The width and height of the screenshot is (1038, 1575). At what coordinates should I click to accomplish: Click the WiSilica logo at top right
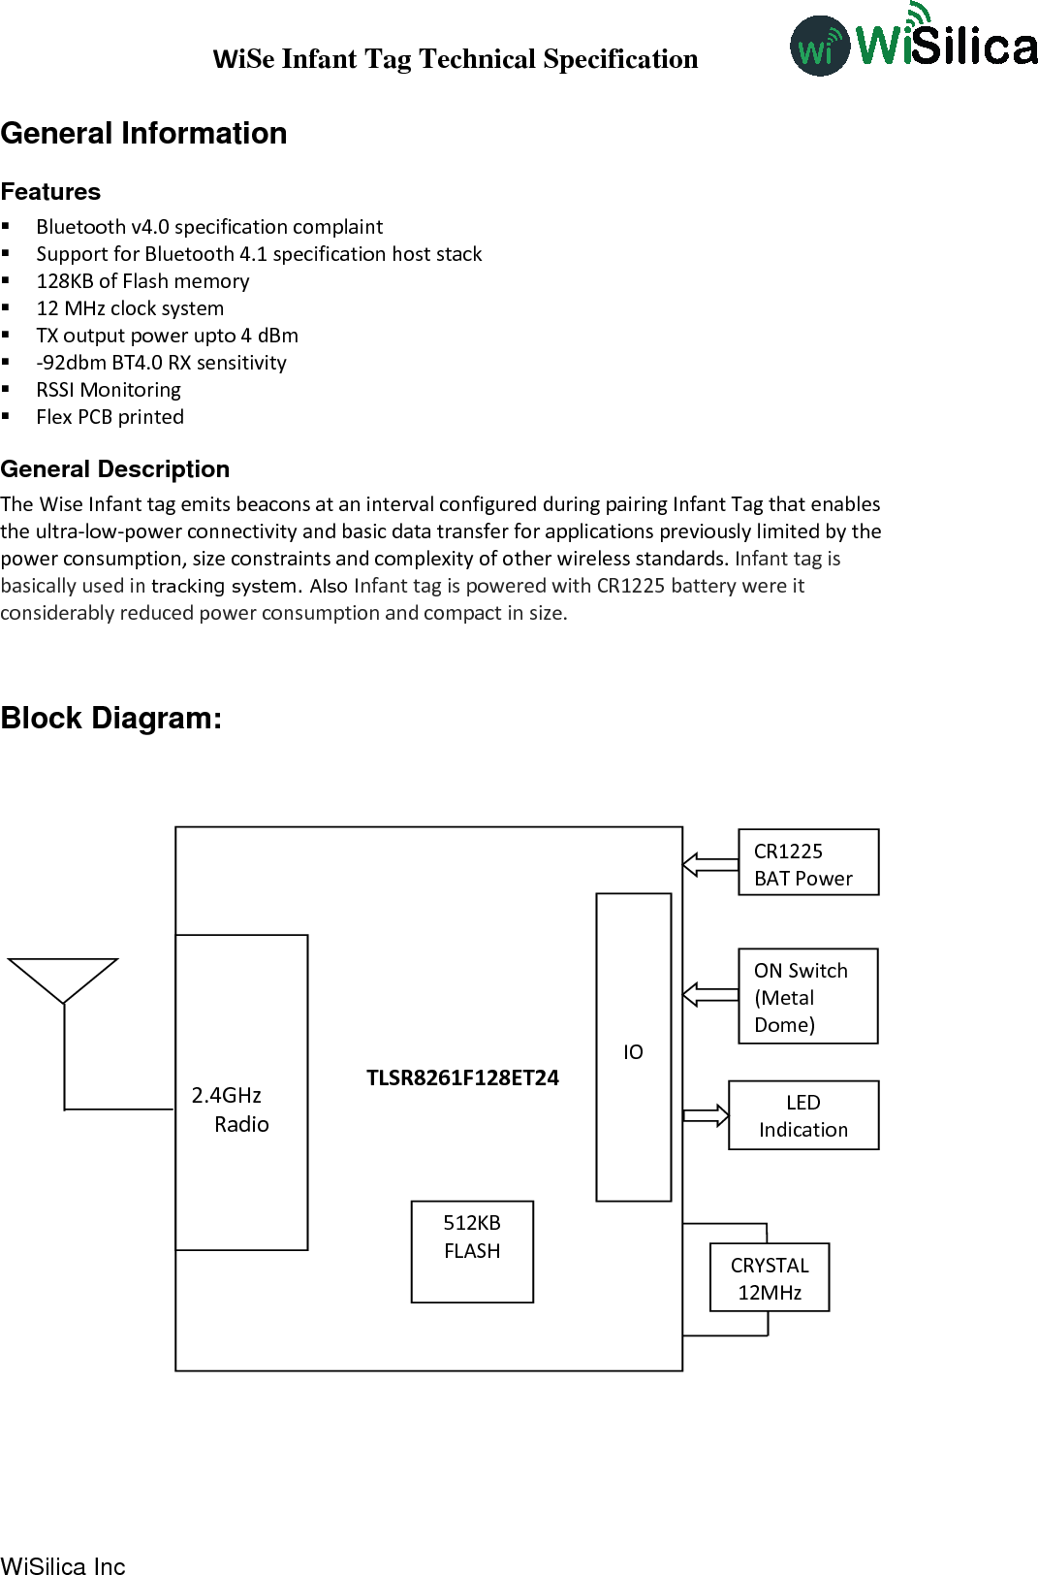pyautogui.click(x=913, y=42)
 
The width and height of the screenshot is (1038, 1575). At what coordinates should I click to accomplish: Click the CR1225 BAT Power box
pyautogui.click(x=807, y=862)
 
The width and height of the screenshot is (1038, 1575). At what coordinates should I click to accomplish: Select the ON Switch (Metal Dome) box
pyautogui.click(x=807, y=996)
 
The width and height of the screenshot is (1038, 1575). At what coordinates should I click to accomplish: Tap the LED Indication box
pyautogui.click(x=802, y=1115)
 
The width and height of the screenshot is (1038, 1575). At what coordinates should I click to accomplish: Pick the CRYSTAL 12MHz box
pyautogui.click(x=770, y=1277)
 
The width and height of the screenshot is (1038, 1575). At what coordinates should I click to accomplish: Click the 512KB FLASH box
pyautogui.click(x=472, y=1251)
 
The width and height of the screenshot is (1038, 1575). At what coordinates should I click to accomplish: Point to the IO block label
pyautogui.click(x=633, y=1052)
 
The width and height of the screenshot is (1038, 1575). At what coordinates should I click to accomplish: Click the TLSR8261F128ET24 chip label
pyautogui.click(x=462, y=1077)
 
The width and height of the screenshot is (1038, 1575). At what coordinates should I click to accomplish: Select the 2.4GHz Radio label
pyautogui.click(x=232, y=1109)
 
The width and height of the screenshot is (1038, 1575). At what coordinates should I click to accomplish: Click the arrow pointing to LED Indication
pyautogui.click(x=706, y=1115)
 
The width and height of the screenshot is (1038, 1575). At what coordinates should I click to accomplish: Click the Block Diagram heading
pyautogui.click(x=111, y=718)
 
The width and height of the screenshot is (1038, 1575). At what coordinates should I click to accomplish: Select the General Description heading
pyautogui.click(x=115, y=469)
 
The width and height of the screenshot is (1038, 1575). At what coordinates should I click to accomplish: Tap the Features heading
pyautogui.click(x=50, y=191)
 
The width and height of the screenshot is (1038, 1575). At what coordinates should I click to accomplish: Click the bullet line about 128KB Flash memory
pyautogui.click(x=142, y=281)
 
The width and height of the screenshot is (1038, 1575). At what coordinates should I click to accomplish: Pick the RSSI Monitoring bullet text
pyautogui.click(x=109, y=390)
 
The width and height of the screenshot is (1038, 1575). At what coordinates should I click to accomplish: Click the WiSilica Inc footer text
pyautogui.click(x=63, y=1564)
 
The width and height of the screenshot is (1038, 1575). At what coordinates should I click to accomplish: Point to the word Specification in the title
pyautogui.click(x=620, y=59)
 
